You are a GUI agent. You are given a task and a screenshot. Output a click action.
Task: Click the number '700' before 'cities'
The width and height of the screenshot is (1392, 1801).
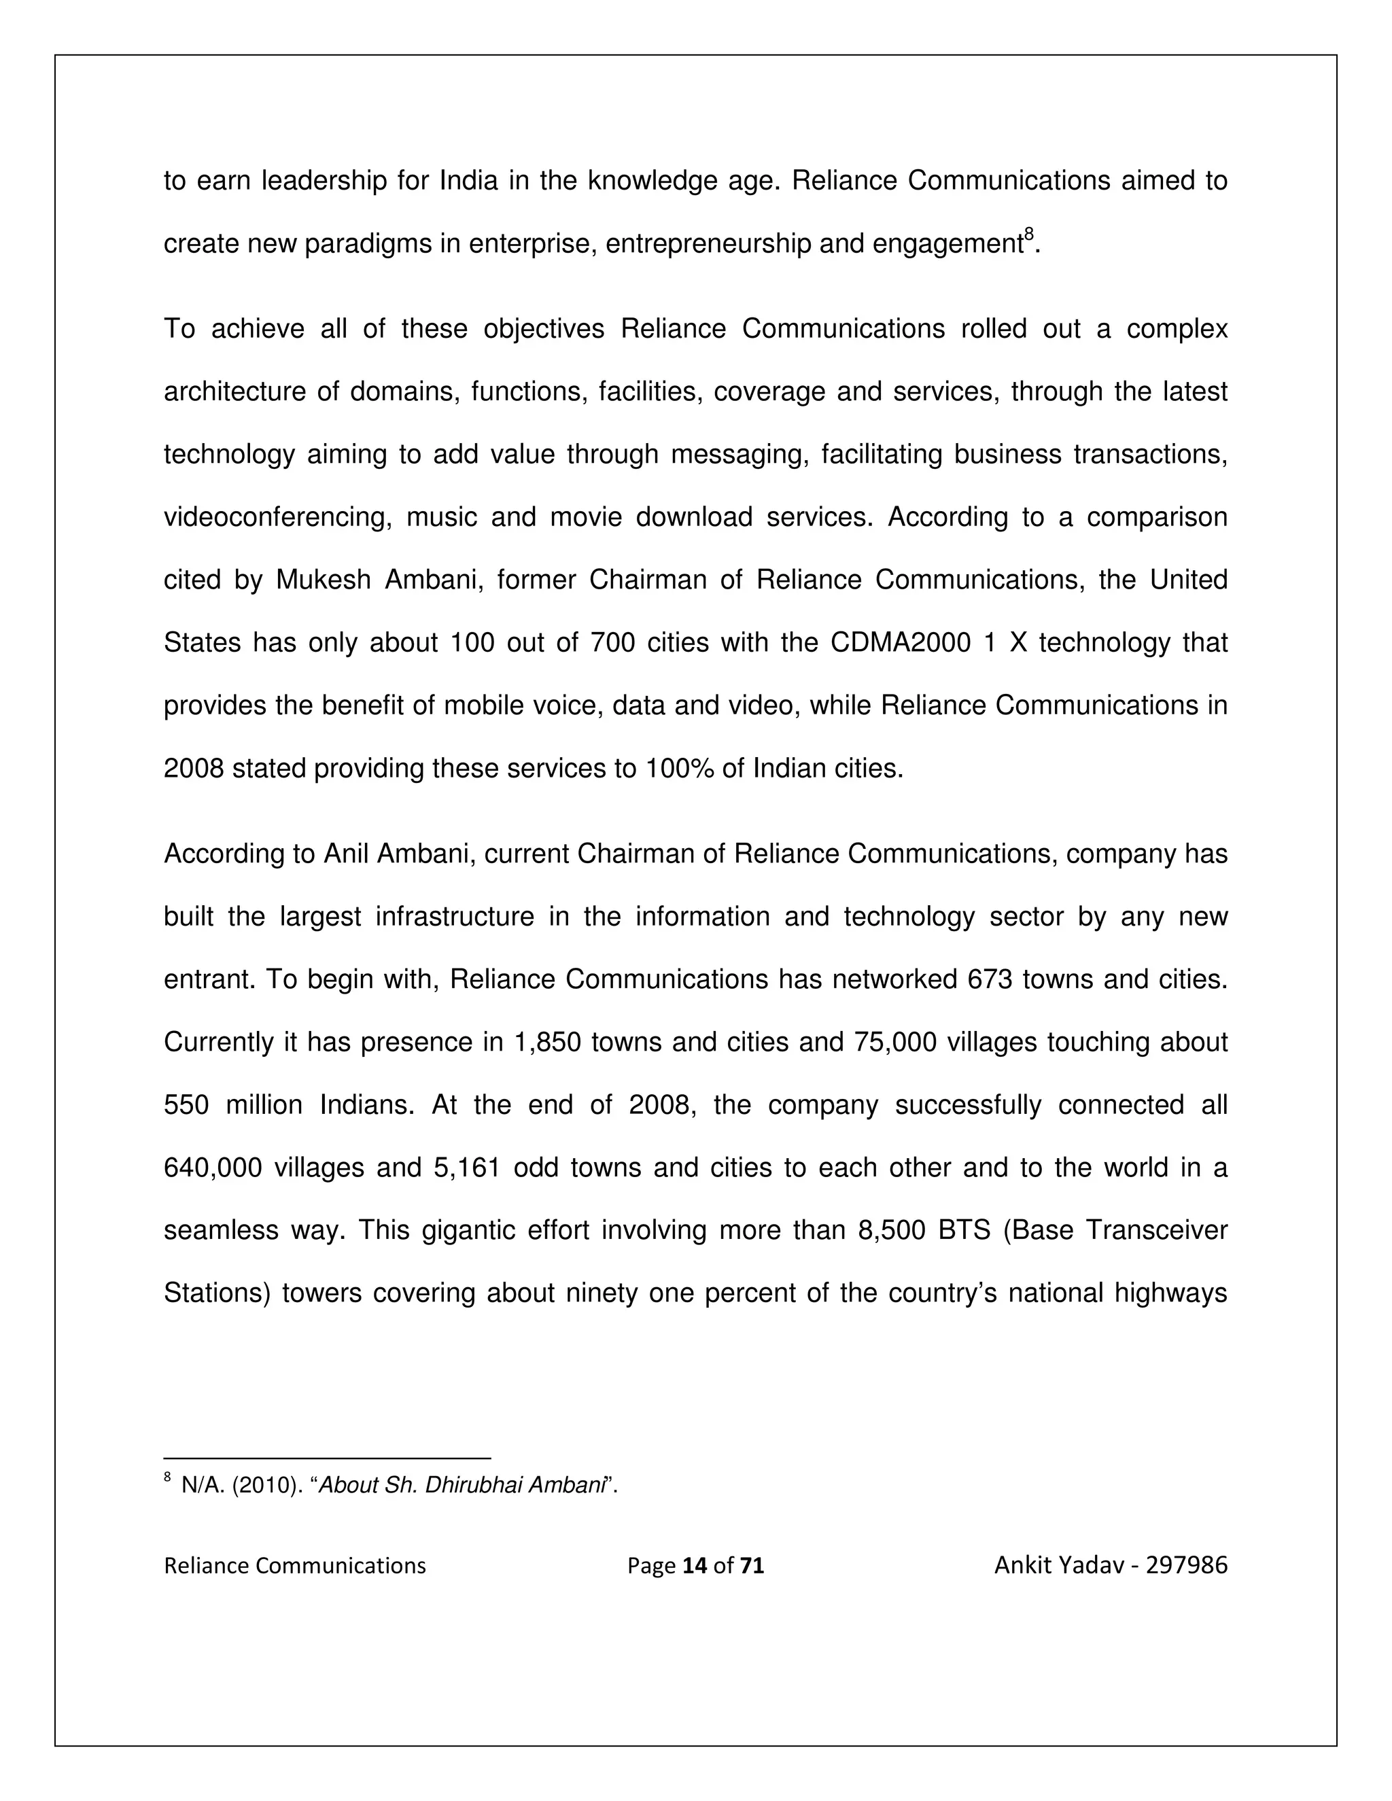[x=612, y=642]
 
